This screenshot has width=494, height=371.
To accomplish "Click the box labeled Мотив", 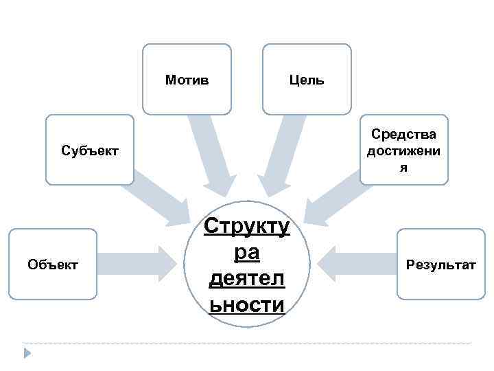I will coord(187,79).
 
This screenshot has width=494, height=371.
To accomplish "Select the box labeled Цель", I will coord(307,79).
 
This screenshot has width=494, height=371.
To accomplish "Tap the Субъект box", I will coord(89,149).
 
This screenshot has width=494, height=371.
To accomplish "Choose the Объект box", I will coord(53,264).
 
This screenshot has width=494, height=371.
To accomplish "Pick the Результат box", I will coord(440,264).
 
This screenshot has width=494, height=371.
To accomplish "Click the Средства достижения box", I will coord(404,149).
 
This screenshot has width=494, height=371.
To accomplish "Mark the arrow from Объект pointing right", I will coord(137,264).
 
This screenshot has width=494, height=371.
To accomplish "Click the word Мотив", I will coord(187,80).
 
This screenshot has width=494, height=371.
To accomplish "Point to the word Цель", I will coord(307,80).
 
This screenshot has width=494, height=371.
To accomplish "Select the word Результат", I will coord(440,265).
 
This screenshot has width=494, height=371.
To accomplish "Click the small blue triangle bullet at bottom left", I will coord(27,353).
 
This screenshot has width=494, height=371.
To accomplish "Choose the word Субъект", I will coord(89,150).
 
